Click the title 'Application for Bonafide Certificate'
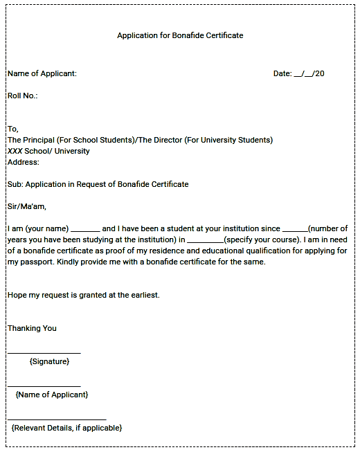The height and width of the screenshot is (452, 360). (x=180, y=35)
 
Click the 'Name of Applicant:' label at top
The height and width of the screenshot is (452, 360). (x=42, y=73)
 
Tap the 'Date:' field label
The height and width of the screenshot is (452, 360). (x=282, y=73)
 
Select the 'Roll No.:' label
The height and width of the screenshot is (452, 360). (x=22, y=96)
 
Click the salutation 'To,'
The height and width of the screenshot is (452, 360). (x=13, y=129)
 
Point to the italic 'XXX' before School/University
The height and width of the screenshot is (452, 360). (x=15, y=151)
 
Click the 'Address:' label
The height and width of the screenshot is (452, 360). (x=24, y=162)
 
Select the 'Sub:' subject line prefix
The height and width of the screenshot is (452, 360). (x=15, y=184)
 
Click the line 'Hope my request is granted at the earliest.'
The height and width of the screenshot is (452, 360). (x=84, y=295)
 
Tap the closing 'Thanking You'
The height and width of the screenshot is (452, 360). (x=32, y=328)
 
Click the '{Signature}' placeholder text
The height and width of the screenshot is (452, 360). (x=49, y=361)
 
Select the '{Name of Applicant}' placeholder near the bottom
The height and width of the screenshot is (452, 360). (x=52, y=395)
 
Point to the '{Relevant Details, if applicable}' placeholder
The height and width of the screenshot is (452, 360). (x=66, y=428)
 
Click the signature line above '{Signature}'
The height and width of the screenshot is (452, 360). (x=44, y=353)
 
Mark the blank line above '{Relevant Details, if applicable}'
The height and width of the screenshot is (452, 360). (x=57, y=419)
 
